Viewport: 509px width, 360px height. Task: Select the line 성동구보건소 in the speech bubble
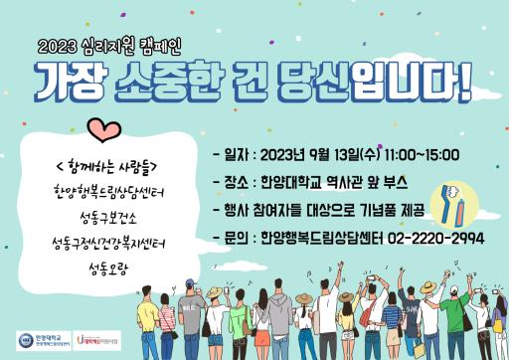(107, 217)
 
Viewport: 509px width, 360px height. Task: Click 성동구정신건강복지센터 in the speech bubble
(107, 243)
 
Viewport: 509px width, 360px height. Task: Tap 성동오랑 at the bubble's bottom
(107, 269)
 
